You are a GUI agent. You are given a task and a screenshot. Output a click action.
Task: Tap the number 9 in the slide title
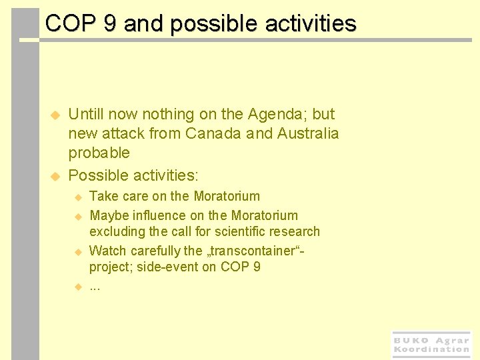pos(110,24)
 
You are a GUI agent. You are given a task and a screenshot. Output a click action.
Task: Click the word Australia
pos(309,133)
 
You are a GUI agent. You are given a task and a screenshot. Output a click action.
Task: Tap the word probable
pos(99,153)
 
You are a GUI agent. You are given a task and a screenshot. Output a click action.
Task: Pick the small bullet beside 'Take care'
pos(77,197)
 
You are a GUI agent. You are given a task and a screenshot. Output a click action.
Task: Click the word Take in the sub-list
pos(102,197)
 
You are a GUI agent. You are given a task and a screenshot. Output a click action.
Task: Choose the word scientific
pos(247,232)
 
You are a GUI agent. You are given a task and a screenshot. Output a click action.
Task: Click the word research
pos(297,232)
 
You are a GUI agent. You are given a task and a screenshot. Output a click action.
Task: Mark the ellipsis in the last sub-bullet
pos(95,287)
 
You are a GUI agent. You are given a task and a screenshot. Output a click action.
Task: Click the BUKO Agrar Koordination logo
pos(431,345)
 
